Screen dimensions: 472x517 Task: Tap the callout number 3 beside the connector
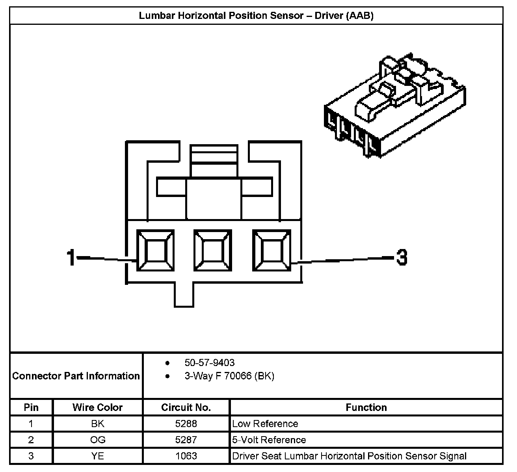[401, 258]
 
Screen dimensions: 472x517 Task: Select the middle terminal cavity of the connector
[213, 251]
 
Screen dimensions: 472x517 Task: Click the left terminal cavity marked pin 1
[155, 251]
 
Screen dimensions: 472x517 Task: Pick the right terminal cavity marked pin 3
[272, 251]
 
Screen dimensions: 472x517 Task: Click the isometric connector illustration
[394, 106]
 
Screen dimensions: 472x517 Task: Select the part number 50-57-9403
[209, 362]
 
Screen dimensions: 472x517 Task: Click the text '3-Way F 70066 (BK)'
[229, 376]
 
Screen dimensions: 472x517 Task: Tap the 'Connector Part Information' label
[76, 376]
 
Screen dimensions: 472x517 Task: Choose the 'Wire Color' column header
[97, 407]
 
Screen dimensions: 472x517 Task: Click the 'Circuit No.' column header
[186, 407]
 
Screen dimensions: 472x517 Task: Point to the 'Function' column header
[366, 407]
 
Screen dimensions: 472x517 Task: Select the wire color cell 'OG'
[98, 440]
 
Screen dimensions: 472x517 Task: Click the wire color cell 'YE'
[98, 456]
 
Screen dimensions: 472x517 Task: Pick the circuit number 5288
[186, 424]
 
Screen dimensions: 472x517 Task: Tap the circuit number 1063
[186, 456]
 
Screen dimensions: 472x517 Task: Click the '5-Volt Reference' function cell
[269, 440]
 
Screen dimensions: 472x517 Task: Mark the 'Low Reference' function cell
[265, 424]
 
